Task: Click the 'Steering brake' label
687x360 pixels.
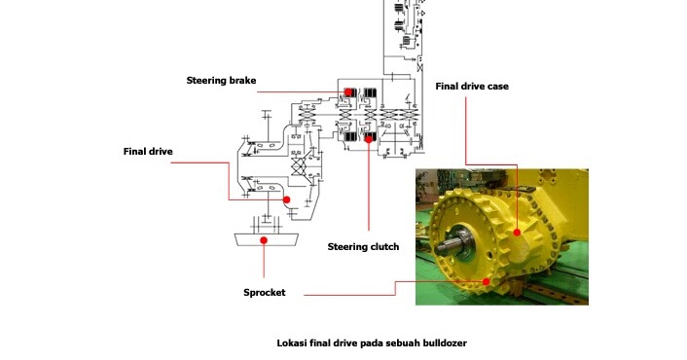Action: point(221,80)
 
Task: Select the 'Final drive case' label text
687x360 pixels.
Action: point(471,86)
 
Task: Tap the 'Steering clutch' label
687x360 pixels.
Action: point(364,246)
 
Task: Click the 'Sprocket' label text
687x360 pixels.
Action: point(265,292)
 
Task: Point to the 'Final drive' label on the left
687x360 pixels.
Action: point(148,151)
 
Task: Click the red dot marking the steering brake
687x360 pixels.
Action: point(347,92)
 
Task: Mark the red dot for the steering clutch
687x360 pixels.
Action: point(369,139)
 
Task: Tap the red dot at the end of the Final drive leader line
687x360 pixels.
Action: point(287,199)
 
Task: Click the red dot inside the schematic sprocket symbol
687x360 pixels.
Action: point(264,239)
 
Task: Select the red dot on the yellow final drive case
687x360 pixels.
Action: point(518,233)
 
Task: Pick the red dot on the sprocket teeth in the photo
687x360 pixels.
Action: point(484,279)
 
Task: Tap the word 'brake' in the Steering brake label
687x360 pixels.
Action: point(241,80)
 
